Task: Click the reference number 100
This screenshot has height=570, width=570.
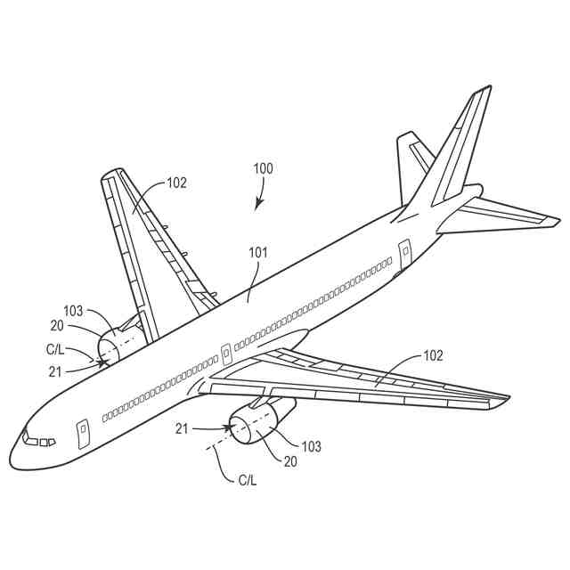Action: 264,167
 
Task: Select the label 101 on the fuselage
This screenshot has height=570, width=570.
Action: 257,252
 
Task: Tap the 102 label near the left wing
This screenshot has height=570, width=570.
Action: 176,183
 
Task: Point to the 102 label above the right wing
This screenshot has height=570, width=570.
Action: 432,355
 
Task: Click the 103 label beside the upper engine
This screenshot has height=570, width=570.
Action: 73,311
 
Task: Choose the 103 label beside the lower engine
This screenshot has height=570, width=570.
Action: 311,446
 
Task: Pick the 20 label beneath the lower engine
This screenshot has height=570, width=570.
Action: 289,461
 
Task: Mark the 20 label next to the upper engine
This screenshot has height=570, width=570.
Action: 56,325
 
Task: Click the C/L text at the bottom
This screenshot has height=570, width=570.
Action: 247,480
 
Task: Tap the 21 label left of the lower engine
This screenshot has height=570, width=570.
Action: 182,430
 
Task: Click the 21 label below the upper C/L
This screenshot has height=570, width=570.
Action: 55,371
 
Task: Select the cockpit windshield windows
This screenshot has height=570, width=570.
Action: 38,440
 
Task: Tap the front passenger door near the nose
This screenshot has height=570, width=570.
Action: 82,432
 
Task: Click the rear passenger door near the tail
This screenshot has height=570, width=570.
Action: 405,253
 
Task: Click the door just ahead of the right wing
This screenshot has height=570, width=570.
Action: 225,354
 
